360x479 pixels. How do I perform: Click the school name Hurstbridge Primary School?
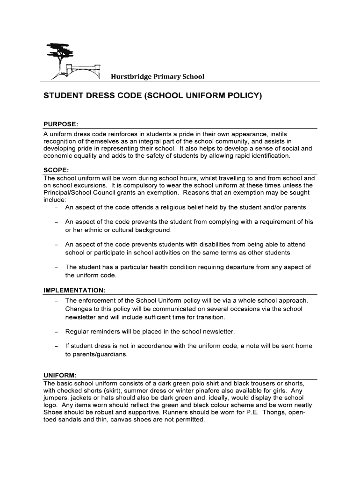point(158,76)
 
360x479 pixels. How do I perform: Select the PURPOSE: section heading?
point(60,124)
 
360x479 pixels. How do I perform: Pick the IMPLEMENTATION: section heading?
point(74,290)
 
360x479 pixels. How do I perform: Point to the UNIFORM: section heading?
point(60,375)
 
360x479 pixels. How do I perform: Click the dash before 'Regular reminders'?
point(56,332)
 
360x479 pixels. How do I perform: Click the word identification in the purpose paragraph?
point(266,156)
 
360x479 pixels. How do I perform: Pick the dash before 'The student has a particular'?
point(56,268)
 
